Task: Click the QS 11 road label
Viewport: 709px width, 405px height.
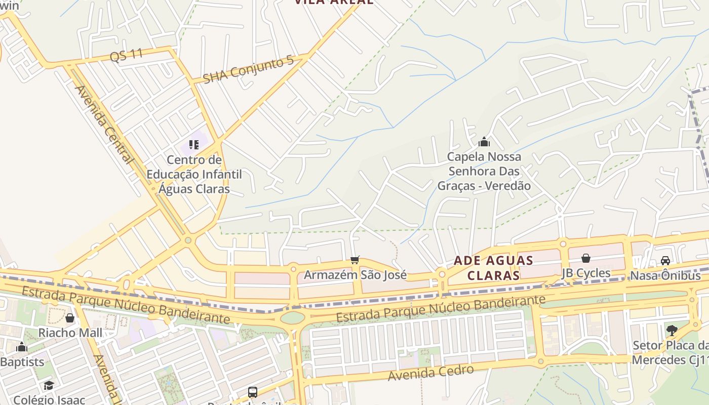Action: [x=126, y=55]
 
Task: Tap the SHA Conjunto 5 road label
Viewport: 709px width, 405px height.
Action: [x=248, y=70]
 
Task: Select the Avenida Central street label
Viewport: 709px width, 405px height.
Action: [x=104, y=125]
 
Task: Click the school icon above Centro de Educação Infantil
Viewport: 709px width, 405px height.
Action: [x=193, y=145]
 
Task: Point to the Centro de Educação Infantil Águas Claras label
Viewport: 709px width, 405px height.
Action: [x=194, y=175]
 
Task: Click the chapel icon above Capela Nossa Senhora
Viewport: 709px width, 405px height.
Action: [x=484, y=142]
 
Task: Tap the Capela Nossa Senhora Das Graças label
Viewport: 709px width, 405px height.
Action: [x=484, y=171]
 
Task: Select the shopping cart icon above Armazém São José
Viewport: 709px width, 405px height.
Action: [x=355, y=260]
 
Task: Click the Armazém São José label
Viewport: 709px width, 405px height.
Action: [x=355, y=275]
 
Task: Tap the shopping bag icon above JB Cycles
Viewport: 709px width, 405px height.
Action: [x=586, y=258]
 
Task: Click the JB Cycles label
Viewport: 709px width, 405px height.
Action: [x=586, y=273]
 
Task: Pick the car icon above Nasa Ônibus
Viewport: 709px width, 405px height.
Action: [x=665, y=261]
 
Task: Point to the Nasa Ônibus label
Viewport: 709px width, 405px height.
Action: [x=665, y=276]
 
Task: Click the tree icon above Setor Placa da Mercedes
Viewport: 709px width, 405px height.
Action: [x=672, y=331]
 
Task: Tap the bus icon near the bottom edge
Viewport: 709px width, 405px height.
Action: [x=252, y=392]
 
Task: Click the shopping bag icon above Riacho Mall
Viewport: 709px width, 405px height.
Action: [x=70, y=318]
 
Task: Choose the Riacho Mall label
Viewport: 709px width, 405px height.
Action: [x=70, y=333]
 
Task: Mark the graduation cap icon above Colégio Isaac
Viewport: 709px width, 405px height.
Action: [x=49, y=386]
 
